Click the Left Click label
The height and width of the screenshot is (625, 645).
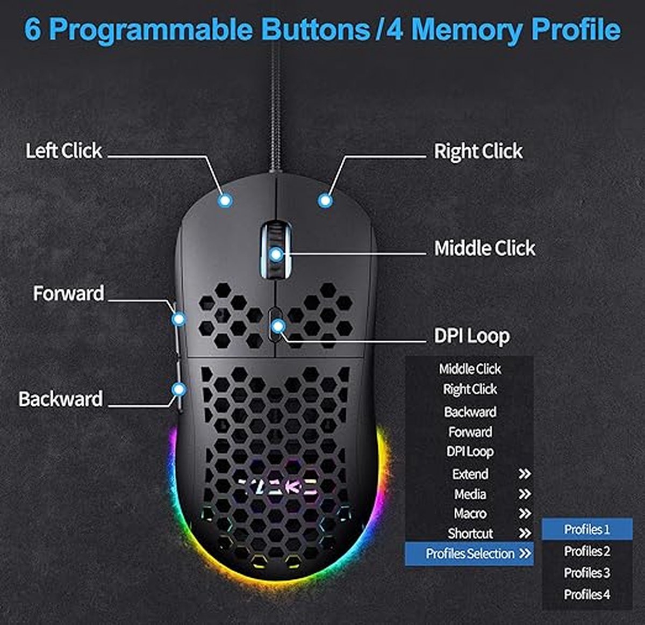pos(63,151)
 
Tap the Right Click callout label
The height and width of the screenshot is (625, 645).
pos(478,152)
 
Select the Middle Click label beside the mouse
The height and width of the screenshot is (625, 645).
pos(484,248)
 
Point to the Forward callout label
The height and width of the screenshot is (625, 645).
pos(68,293)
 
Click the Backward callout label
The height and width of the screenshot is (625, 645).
pos(60,399)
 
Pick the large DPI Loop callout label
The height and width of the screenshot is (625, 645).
pos(471,336)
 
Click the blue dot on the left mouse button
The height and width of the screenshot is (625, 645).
pos(225,201)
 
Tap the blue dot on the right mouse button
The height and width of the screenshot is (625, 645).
pos(325,201)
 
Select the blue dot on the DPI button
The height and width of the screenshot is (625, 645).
pos(277,326)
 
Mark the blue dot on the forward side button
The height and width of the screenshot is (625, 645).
pos(178,319)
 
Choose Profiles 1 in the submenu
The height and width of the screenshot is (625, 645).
pos(586,529)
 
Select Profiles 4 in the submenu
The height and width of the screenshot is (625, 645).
pos(586,594)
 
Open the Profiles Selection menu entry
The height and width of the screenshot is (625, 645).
pos(470,554)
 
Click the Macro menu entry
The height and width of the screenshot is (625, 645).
pos(470,514)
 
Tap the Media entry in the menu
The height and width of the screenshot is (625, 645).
pos(470,494)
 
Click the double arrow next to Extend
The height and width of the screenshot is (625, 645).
pos(524,474)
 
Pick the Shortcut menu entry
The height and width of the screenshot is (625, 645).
pos(470,534)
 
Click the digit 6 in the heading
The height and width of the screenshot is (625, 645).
pos(33,30)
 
